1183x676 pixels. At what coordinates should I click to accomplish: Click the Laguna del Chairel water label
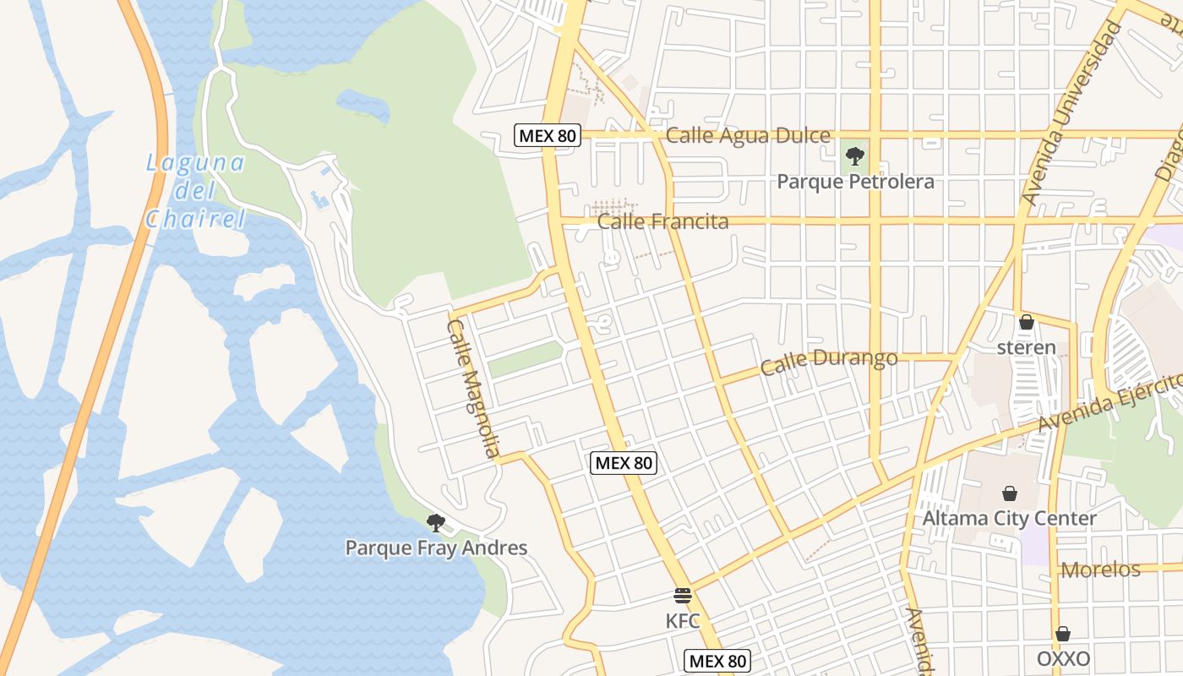(x=195, y=191)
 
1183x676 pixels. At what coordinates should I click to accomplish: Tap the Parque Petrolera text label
(x=855, y=182)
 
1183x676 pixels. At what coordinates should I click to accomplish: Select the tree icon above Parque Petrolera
(x=855, y=155)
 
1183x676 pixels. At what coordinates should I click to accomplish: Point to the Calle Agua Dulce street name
(x=748, y=135)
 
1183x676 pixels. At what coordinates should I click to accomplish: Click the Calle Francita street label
(x=662, y=222)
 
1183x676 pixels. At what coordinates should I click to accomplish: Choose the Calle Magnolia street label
(x=472, y=388)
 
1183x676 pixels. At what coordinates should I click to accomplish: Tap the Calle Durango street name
(x=828, y=362)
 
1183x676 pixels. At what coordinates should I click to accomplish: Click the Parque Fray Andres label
(x=436, y=548)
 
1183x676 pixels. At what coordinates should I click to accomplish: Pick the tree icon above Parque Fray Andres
(x=436, y=522)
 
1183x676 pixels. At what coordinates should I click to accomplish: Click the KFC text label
(x=683, y=621)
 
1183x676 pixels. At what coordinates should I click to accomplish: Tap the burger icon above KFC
(x=683, y=596)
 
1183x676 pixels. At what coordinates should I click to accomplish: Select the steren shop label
(x=1027, y=347)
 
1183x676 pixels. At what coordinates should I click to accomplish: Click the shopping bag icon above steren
(x=1027, y=322)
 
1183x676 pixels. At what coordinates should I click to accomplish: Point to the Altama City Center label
(x=1010, y=518)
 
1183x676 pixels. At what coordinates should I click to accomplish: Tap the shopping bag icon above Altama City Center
(x=1010, y=493)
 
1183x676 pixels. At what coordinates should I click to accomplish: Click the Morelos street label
(x=1100, y=570)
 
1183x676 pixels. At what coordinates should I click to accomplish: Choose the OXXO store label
(x=1063, y=659)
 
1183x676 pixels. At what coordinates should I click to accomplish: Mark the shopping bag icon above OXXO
(x=1063, y=634)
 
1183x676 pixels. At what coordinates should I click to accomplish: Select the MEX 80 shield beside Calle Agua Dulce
(x=548, y=135)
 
